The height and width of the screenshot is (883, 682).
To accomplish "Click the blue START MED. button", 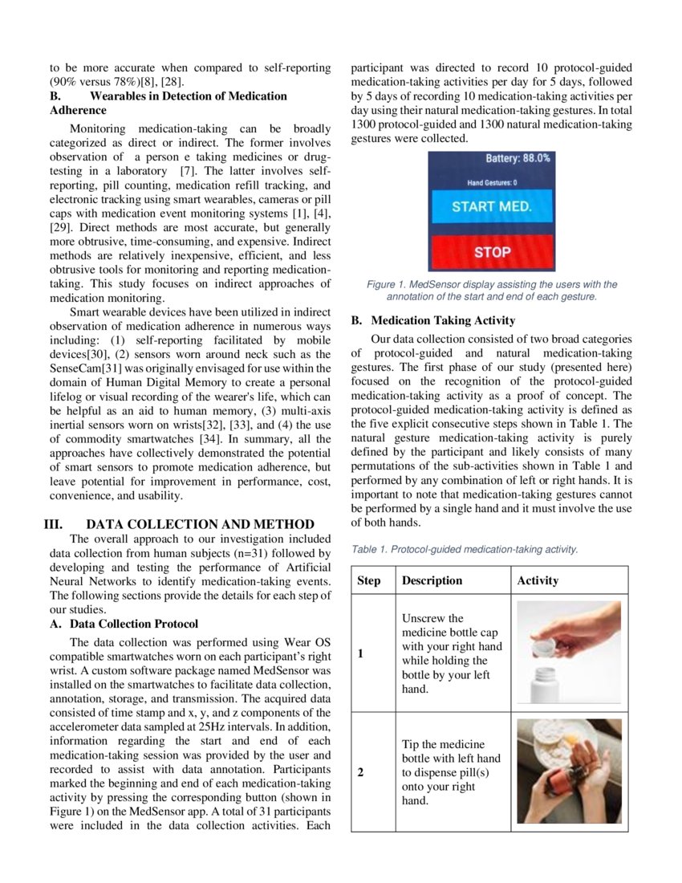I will click(492, 206).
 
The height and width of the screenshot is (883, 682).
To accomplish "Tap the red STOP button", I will click(492, 252).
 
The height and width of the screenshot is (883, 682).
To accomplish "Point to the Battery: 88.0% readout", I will click(518, 158).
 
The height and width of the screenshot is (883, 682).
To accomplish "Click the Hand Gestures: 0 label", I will click(492, 183).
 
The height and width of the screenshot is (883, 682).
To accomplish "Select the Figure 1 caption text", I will click(492, 290).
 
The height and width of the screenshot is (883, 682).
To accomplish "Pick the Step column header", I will click(369, 580).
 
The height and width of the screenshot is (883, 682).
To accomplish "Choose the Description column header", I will click(432, 580).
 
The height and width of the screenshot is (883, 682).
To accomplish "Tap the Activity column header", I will click(538, 580).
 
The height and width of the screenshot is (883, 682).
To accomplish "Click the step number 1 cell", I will click(360, 653).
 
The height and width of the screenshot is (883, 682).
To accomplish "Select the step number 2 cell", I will click(360, 772).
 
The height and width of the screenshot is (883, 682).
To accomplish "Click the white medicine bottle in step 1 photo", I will click(550, 685).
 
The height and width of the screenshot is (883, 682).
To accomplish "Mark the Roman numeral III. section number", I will click(53, 524).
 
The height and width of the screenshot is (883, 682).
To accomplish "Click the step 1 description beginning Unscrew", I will click(452, 653).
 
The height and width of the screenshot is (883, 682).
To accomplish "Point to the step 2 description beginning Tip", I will click(450, 772).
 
